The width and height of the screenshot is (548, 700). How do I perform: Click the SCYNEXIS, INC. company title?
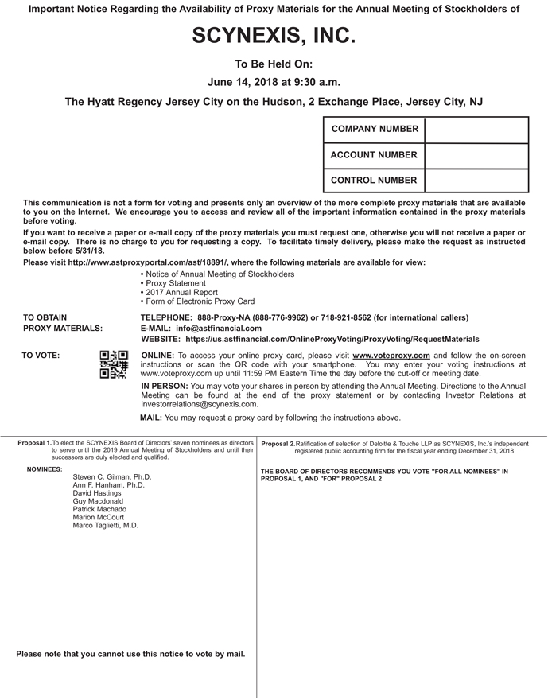(x=274, y=36)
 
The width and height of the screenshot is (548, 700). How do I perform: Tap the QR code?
(x=113, y=364)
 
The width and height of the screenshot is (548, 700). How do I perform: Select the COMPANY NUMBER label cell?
(x=374, y=130)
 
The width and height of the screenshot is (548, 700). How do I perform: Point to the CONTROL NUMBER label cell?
(x=374, y=181)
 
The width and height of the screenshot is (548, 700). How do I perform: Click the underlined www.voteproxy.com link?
(x=391, y=356)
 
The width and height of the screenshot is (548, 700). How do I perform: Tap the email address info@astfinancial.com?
(x=219, y=328)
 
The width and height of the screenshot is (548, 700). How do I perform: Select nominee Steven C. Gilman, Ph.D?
(x=112, y=477)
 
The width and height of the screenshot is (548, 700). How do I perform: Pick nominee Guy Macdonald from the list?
(x=98, y=502)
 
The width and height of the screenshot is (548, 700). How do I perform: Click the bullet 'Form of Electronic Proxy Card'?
(x=197, y=302)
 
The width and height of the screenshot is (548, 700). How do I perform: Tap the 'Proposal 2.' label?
(x=278, y=443)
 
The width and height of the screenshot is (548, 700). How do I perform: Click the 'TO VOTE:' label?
(x=41, y=356)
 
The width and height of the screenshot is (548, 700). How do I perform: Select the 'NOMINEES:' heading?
(x=45, y=469)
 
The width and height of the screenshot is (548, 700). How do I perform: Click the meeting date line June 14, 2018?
(x=274, y=82)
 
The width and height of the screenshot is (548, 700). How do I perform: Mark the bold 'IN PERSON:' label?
(x=165, y=386)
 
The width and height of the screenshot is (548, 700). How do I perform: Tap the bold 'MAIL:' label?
(x=151, y=418)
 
